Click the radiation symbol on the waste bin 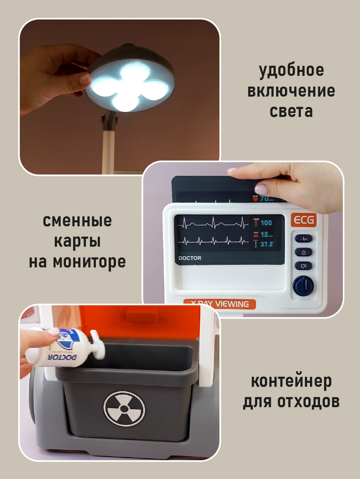point(124,409)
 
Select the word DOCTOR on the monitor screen point(190,258)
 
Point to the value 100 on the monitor point(266,223)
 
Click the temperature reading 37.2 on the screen point(267,244)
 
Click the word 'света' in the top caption point(291,111)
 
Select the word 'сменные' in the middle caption point(77,221)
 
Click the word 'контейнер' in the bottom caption point(291,382)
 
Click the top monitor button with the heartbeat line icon point(303,239)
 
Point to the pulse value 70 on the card point(265,198)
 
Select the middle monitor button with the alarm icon point(303,252)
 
